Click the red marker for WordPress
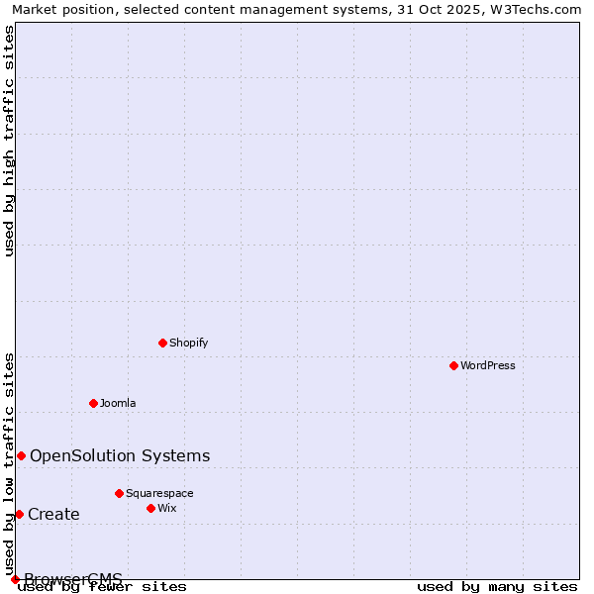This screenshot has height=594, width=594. click(x=453, y=365)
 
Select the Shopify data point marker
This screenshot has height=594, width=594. click(x=162, y=343)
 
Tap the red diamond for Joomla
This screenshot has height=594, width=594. click(x=93, y=403)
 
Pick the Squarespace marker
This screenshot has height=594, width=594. click(x=119, y=493)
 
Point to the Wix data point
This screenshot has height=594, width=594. click(x=150, y=508)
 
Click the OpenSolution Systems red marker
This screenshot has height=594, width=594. click(x=21, y=455)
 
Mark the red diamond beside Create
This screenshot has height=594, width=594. click(x=19, y=514)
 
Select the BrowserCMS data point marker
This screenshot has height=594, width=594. click(x=15, y=579)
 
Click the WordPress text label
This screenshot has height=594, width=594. click(x=488, y=365)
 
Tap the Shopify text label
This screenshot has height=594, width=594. click(x=188, y=343)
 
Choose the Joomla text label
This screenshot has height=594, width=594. click(x=118, y=403)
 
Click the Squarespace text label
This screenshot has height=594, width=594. click(x=159, y=493)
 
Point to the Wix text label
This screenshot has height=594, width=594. click(x=167, y=508)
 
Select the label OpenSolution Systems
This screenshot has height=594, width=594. click(x=120, y=455)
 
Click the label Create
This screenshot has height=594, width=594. click(x=53, y=514)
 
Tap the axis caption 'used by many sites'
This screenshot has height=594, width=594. click(x=497, y=587)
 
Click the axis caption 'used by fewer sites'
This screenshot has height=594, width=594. click(x=103, y=587)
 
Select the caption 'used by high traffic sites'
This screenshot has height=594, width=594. click(x=10, y=141)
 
